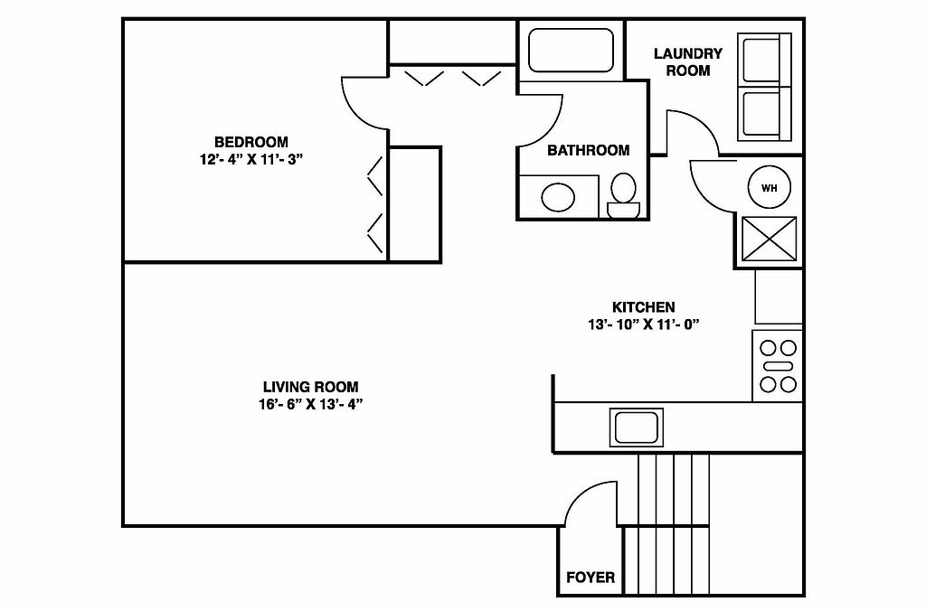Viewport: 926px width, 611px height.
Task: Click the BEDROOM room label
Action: coord(250,142)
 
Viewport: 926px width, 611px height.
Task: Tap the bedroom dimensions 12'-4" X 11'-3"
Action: coord(250,159)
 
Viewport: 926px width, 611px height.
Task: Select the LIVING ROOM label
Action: coord(310,387)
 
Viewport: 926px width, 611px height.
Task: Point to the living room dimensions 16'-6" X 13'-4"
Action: coord(310,404)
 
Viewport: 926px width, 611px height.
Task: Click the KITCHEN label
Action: coord(643,307)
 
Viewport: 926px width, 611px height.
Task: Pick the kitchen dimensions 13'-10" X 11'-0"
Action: coord(643,324)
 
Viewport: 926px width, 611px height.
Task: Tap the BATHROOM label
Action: coord(588,151)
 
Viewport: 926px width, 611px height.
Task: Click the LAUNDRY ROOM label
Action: coord(688,61)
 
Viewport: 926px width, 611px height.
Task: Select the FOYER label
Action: coord(590,578)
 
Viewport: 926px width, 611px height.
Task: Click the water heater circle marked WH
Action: coord(770,188)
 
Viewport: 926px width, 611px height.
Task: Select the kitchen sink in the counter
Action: coord(638,426)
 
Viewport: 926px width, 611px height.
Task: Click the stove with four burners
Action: coord(777,366)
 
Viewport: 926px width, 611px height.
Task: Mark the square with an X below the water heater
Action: coord(770,241)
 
